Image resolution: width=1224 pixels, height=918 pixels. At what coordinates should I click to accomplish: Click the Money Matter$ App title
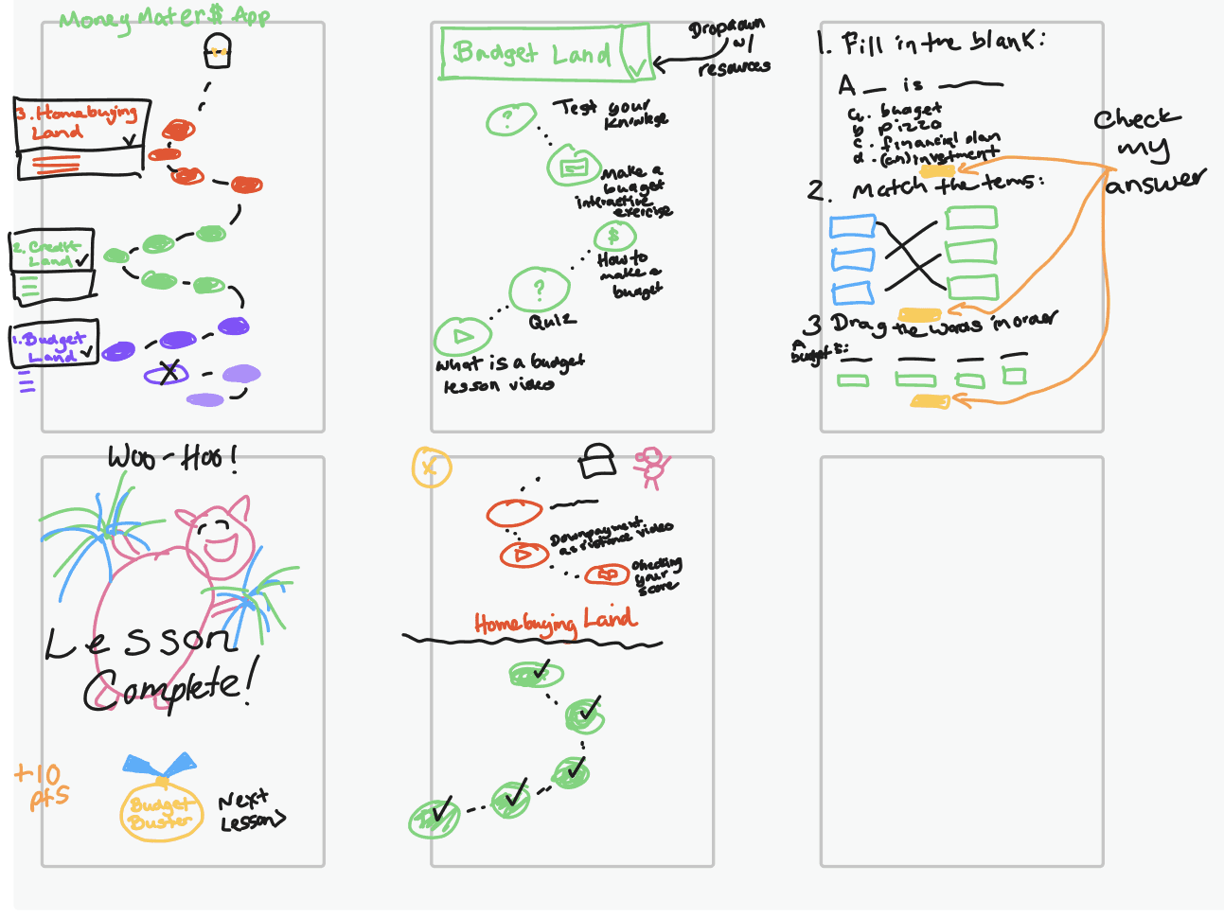point(164,18)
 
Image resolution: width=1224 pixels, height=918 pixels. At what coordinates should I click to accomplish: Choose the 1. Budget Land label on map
point(54,344)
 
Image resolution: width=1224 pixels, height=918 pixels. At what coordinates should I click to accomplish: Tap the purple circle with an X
point(167,374)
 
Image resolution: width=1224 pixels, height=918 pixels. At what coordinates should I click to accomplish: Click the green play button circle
point(462,336)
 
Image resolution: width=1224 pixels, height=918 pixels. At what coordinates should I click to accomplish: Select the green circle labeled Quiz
point(539,290)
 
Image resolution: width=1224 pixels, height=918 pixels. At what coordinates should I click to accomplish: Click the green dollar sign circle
point(613,236)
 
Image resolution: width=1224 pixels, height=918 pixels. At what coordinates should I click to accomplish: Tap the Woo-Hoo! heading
point(171,458)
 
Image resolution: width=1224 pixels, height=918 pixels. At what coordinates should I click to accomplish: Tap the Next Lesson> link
point(250,812)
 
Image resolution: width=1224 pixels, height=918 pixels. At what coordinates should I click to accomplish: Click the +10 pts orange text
point(41,786)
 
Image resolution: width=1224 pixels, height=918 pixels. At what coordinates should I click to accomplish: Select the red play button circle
point(523,555)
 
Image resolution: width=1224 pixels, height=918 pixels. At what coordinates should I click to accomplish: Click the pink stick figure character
point(651,466)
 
